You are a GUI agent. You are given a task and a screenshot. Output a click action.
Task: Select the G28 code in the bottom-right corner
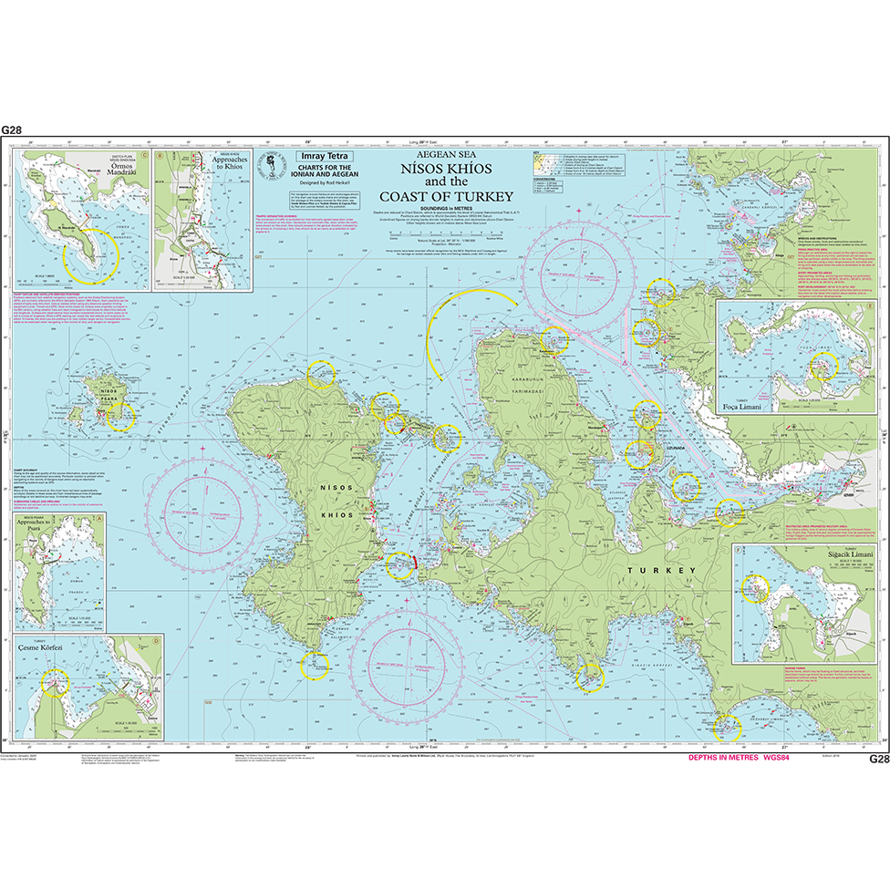point(876,759)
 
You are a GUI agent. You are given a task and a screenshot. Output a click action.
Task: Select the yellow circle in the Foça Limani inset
point(823,367)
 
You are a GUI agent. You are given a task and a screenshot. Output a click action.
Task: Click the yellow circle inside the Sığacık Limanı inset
point(754,589)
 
